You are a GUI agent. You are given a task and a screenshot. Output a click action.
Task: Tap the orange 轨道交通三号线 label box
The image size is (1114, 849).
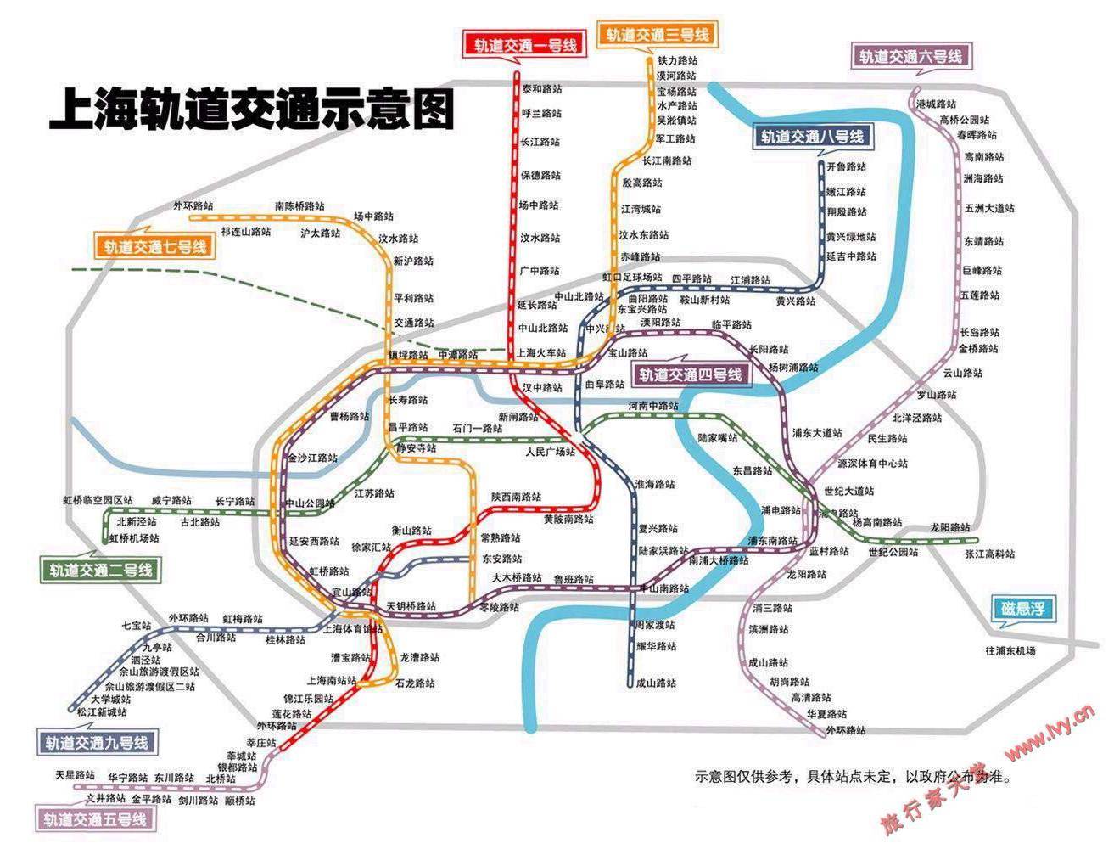[x=658, y=35]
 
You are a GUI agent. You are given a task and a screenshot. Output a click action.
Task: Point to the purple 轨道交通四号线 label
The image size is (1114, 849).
[x=691, y=374]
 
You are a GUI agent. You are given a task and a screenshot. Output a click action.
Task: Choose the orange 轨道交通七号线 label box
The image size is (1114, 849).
[x=155, y=247]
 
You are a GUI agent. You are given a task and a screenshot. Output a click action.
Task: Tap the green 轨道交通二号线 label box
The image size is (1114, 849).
[x=101, y=571]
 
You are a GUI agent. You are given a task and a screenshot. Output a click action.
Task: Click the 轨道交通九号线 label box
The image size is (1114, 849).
[x=97, y=743]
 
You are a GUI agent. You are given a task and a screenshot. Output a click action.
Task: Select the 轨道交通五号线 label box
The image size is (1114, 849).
[x=95, y=820]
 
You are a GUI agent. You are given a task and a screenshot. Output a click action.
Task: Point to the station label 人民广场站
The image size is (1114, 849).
[x=550, y=452]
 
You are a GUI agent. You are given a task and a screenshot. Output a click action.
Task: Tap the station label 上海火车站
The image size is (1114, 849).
[x=541, y=352]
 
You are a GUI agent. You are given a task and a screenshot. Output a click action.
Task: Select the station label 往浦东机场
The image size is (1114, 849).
[x=1010, y=651]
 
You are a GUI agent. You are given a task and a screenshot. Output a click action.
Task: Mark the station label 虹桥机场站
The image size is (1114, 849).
[x=134, y=538]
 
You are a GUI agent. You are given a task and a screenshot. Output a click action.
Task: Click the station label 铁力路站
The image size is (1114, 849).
[x=677, y=61]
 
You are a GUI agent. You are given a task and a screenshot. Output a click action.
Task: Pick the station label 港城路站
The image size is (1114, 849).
[x=937, y=104]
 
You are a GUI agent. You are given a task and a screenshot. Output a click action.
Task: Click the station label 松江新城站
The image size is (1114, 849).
[x=102, y=712]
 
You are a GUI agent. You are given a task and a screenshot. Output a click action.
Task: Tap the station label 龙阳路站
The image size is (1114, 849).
[x=949, y=527]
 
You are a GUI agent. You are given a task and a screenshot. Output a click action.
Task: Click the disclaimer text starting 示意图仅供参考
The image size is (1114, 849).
[x=853, y=776]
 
